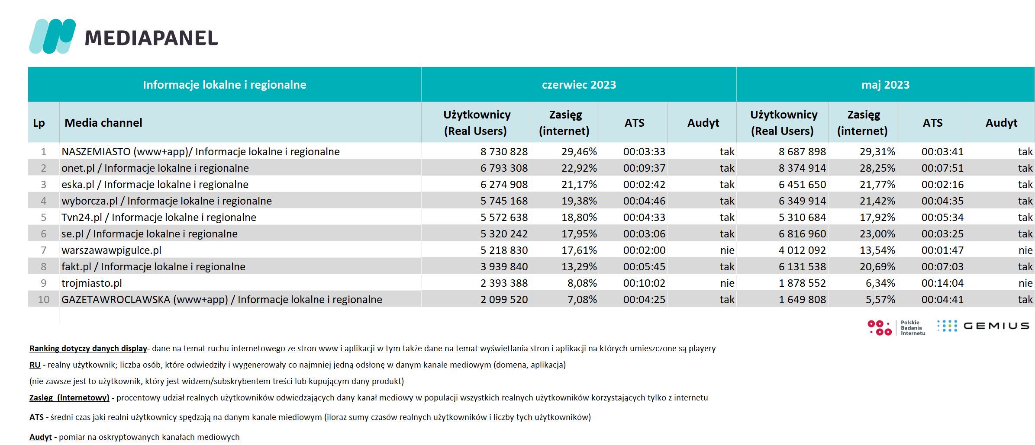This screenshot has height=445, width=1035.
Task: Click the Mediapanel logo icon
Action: [x=52, y=36]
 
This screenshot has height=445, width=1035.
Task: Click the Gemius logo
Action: [x=983, y=326]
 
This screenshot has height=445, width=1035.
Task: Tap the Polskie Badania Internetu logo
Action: [x=896, y=328]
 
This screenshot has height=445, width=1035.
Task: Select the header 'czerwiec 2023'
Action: [x=579, y=85]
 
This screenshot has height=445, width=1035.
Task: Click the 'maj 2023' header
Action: [x=885, y=85]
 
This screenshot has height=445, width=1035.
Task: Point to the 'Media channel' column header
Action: [x=103, y=123]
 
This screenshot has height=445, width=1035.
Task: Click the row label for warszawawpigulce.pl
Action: [x=112, y=250]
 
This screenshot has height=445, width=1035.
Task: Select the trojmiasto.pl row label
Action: [x=92, y=283]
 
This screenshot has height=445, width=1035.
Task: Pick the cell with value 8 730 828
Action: [x=504, y=152]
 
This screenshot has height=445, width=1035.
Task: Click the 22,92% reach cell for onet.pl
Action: [x=579, y=168]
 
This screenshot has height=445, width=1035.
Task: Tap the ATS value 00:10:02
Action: [x=644, y=283]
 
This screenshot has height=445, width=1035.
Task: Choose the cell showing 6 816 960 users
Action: [x=802, y=234]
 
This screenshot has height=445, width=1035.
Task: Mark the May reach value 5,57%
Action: [x=880, y=300]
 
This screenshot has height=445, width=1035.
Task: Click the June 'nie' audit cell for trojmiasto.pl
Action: [x=727, y=283]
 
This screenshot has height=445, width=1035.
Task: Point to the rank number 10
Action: [x=44, y=300]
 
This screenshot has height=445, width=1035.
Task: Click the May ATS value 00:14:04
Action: [x=942, y=283]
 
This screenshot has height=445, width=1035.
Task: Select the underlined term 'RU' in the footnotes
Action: [x=35, y=365]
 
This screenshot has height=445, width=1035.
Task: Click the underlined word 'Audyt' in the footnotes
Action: [x=41, y=437]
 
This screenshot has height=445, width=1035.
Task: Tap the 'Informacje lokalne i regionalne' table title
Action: [x=224, y=85]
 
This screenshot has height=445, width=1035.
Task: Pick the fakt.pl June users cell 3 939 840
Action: [x=504, y=267]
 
